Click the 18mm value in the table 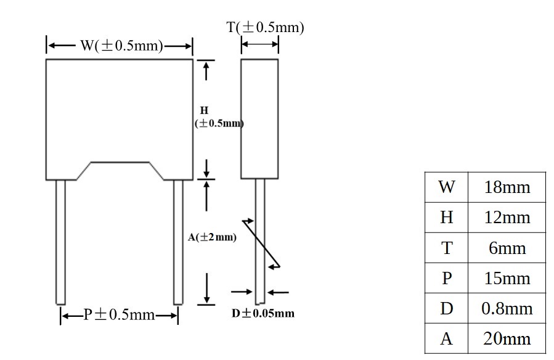tap(507, 187)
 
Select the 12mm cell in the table tap(507, 218)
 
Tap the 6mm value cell tap(507, 248)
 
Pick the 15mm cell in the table tap(507, 279)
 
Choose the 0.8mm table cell tap(507, 309)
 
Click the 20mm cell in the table tap(507, 339)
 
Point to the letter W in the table tap(447, 187)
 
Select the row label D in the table tap(447, 309)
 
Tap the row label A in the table tap(447, 339)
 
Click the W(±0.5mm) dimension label tap(122, 46)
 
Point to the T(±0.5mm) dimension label tap(265, 27)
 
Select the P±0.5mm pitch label tap(119, 314)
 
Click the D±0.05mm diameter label tap(263, 313)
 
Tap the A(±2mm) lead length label tap(212, 237)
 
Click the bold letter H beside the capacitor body tap(204, 110)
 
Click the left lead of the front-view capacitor tap(61, 242)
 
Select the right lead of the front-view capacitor tap(178, 242)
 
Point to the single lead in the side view tap(260, 241)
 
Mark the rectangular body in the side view tap(259, 119)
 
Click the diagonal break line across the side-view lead tap(261, 243)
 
